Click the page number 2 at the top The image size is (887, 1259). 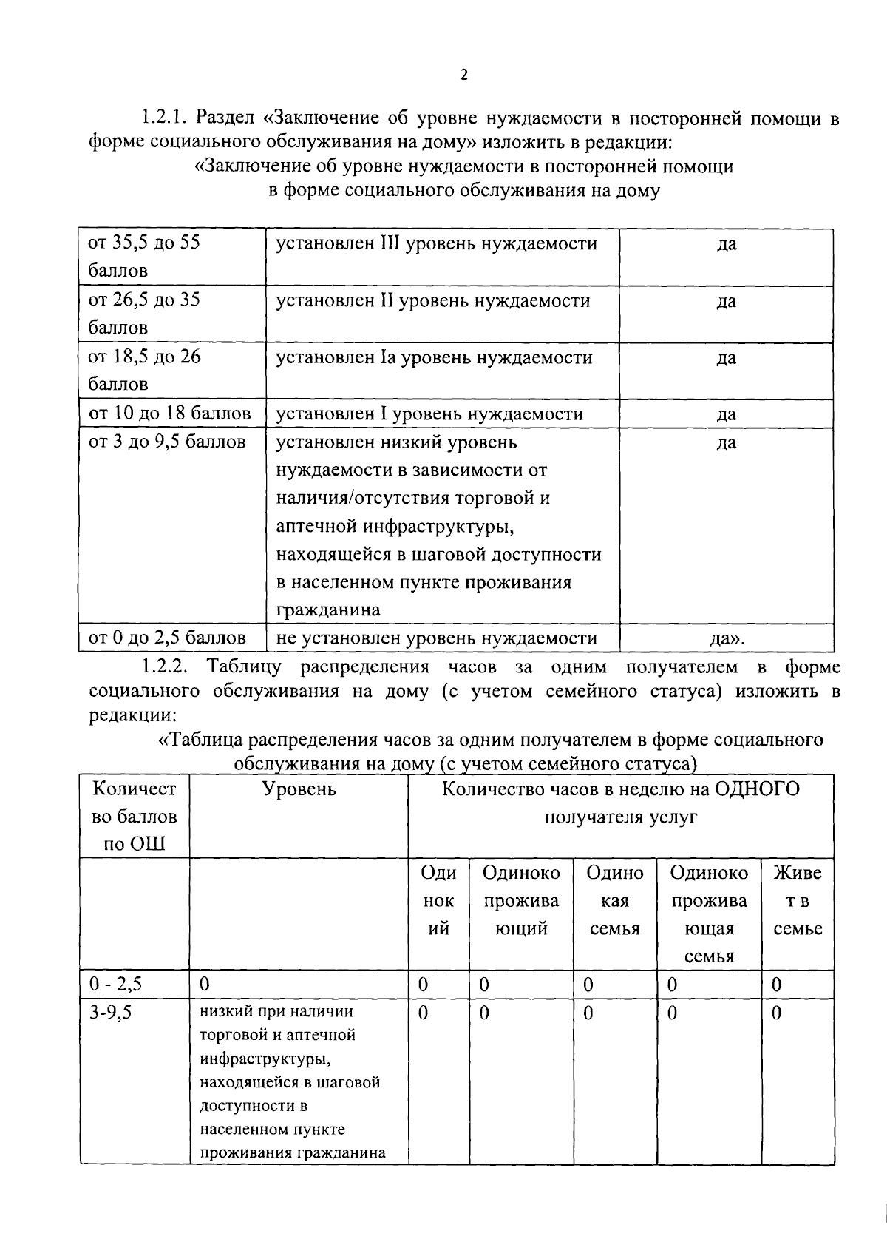click(x=463, y=74)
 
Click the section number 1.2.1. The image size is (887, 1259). click(x=167, y=118)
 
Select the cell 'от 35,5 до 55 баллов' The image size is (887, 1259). click(x=144, y=256)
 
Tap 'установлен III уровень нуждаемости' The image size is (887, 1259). click(x=436, y=244)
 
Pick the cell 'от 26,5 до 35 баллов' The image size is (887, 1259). click(x=144, y=313)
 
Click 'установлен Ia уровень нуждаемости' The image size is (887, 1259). click(x=434, y=358)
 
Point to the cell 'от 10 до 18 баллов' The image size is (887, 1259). click(x=169, y=414)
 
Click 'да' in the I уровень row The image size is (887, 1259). click(x=726, y=414)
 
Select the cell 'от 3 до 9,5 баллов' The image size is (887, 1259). click(x=167, y=442)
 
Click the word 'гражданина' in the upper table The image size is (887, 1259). click(x=328, y=610)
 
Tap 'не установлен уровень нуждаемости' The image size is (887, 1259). click(x=436, y=638)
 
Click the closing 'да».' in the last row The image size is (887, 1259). click(x=726, y=638)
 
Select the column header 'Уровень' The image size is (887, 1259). click(x=299, y=789)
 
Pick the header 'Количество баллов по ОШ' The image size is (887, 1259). click(x=135, y=817)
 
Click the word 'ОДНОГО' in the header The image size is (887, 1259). click(x=758, y=789)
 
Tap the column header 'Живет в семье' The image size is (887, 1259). click(x=798, y=901)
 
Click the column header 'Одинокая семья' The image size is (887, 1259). click(x=615, y=901)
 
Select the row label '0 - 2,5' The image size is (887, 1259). click(x=115, y=985)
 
